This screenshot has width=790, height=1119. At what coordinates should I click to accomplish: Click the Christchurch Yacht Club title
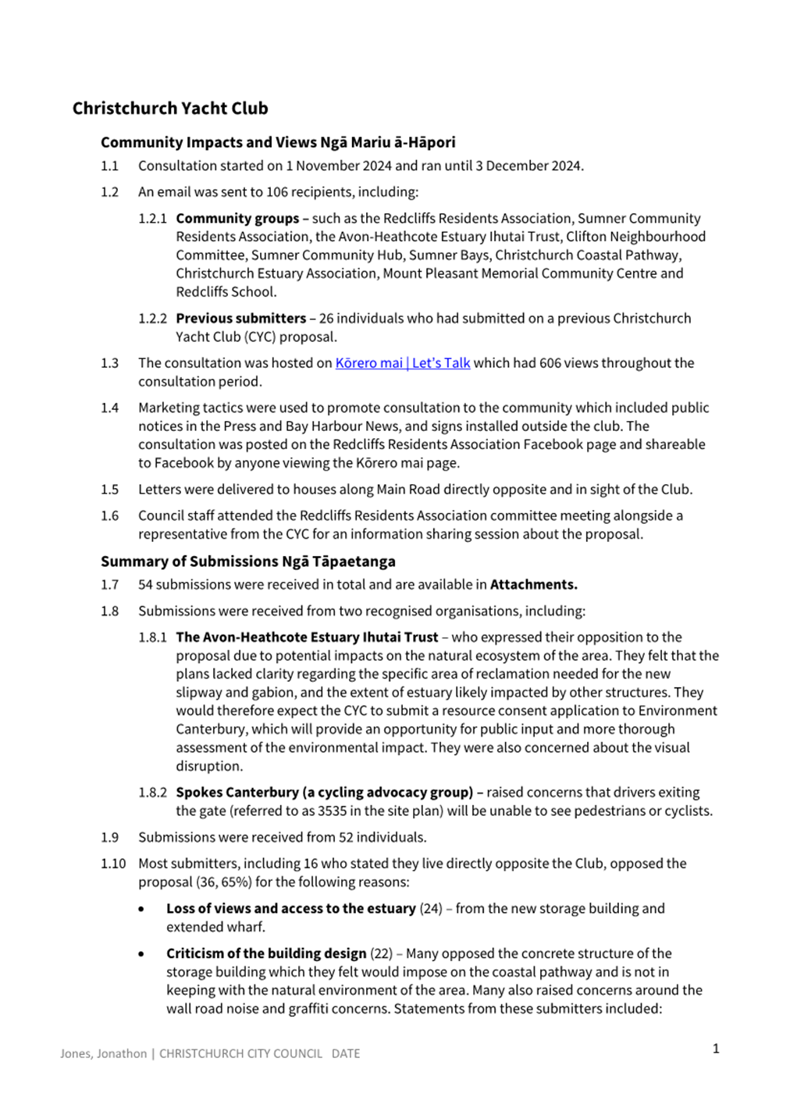(x=170, y=109)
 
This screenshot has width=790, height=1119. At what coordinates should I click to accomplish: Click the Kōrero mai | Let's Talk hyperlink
(x=402, y=363)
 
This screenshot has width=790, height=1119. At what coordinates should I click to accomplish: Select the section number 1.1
(x=109, y=166)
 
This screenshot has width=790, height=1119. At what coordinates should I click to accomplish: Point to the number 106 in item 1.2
(x=277, y=192)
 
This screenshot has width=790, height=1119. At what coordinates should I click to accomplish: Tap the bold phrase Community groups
(x=237, y=219)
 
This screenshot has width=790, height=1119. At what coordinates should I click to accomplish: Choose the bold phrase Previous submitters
(x=240, y=319)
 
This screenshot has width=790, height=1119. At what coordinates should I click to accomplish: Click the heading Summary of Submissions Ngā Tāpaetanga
(x=247, y=561)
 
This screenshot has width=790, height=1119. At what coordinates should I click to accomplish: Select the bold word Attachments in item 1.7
(x=533, y=585)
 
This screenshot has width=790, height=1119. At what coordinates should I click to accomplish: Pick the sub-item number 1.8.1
(x=153, y=637)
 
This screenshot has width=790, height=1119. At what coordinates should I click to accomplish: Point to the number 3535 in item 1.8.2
(x=332, y=811)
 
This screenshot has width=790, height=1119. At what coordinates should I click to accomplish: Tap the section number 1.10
(x=113, y=864)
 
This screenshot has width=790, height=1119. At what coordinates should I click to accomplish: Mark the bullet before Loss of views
(x=141, y=910)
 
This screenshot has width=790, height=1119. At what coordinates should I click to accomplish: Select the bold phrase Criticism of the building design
(x=266, y=954)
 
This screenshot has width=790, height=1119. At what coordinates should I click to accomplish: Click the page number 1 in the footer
(x=716, y=1049)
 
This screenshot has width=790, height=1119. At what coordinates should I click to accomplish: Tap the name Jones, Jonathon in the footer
(x=103, y=1054)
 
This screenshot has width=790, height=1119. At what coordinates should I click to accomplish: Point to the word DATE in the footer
(x=346, y=1054)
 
